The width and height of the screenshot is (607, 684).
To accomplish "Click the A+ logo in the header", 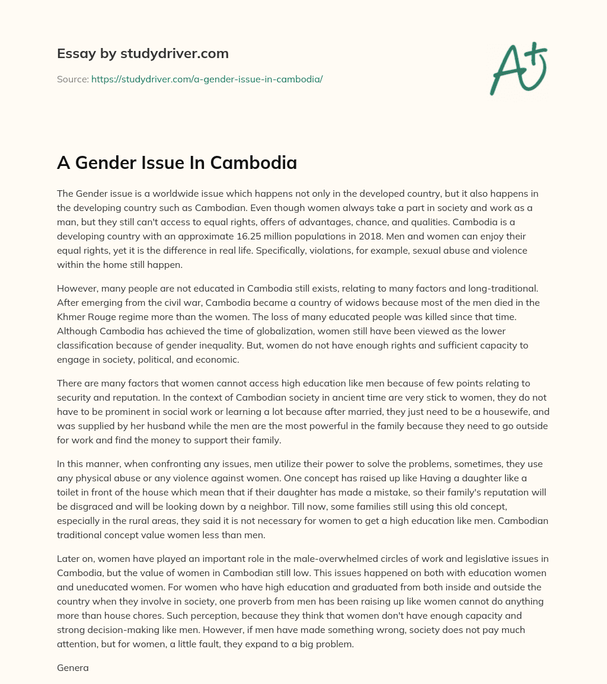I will point(519,68).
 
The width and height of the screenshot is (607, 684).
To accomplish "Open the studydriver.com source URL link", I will point(207,79).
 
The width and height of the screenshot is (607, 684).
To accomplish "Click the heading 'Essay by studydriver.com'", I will point(142,53).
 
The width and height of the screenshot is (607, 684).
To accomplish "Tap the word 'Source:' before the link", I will point(72,79).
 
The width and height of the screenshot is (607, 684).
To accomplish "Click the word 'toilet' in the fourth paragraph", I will point(70,478).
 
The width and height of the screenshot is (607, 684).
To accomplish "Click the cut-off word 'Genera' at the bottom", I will point(72,667).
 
